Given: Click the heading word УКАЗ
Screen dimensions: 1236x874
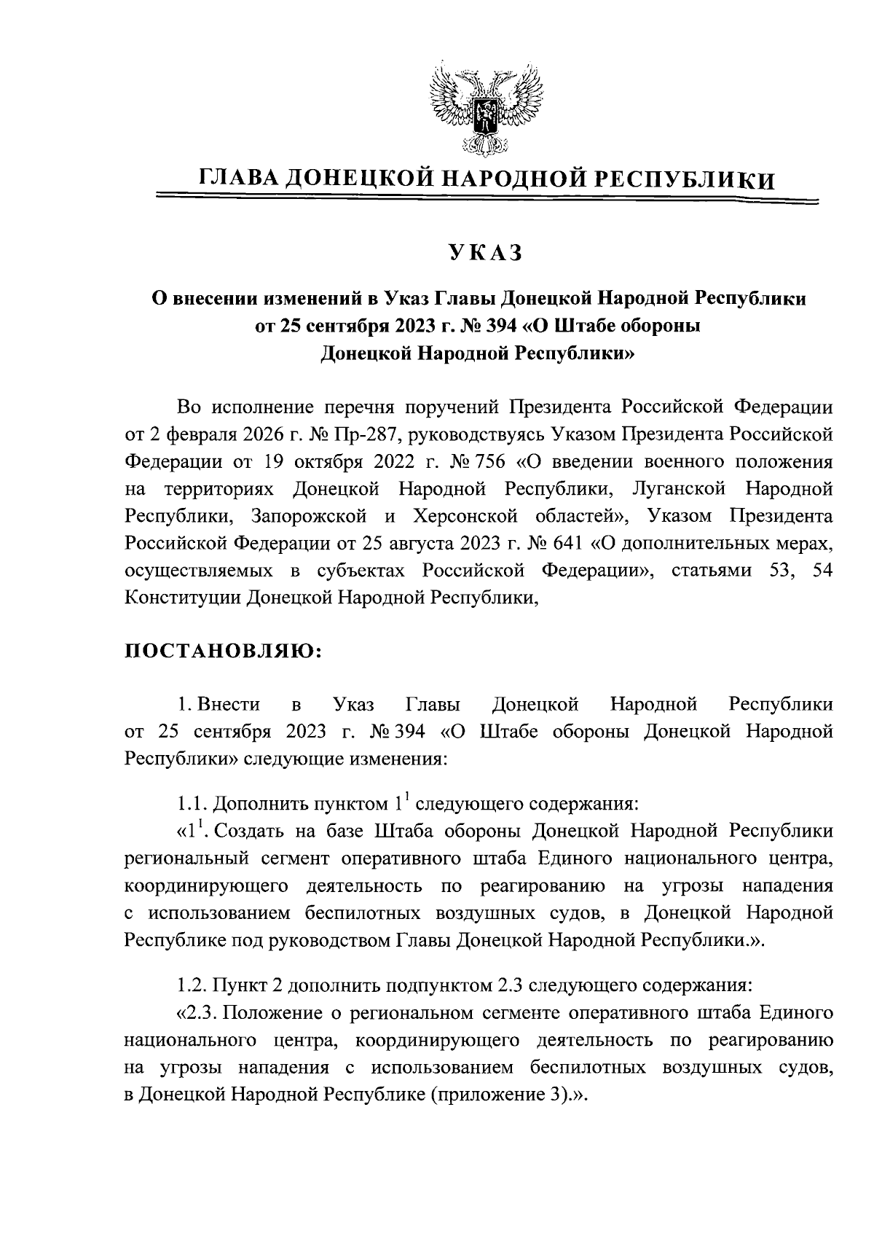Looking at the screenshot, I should coord(486,252).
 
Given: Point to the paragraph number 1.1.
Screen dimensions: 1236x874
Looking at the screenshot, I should coord(193,804).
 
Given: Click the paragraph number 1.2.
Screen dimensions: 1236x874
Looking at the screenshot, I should coord(193,986).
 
